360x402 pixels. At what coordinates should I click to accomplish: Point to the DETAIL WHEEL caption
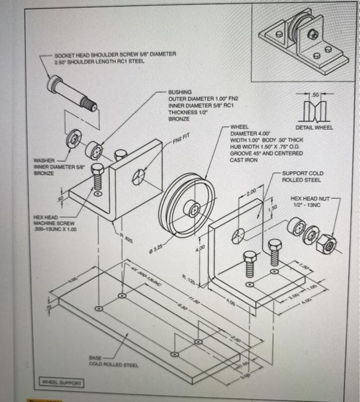(x=314, y=127)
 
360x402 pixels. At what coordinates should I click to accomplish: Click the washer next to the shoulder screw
(x=75, y=138)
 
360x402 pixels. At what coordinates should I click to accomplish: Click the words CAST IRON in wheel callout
(x=243, y=160)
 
